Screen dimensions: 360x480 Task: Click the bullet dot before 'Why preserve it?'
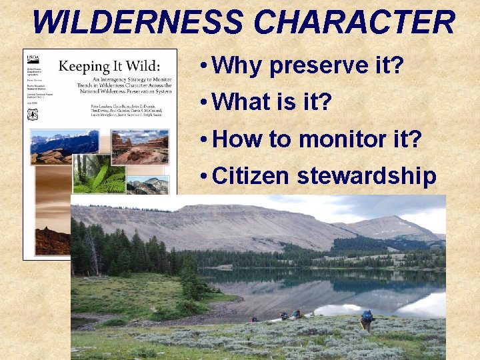(x=203, y=67)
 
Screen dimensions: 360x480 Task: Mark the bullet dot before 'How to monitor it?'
(x=203, y=140)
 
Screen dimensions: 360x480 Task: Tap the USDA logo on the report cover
(x=32, y=56)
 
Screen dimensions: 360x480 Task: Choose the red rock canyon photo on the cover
(x=139, y=147)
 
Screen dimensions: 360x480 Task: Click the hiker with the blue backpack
(x=367, y=320)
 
